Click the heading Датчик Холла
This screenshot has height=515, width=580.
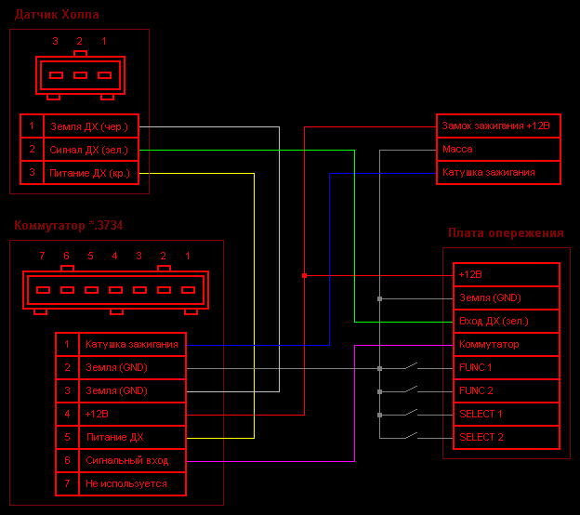point(57,15)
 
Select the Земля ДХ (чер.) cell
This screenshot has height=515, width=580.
point(91,126)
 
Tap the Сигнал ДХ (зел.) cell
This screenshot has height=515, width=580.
point(91,150)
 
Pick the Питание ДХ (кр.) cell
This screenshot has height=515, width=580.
point(91,173)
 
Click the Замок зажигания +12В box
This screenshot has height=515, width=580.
point(498,125)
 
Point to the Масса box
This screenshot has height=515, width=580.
point(498,149)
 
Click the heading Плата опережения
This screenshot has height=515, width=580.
point(506,232)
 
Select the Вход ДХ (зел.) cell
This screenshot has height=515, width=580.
point(507,321)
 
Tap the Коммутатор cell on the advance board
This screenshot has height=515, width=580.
point(507,344)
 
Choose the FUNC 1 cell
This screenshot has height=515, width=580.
point(507,367)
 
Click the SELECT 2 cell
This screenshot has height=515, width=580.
point(507,437)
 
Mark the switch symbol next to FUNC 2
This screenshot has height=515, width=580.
point(412,390)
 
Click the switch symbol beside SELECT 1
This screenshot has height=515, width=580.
point(412,413)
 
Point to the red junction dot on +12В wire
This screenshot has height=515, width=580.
point(305,276)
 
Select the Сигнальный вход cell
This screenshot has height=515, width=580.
point(132,460)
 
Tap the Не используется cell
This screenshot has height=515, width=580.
point(132,484)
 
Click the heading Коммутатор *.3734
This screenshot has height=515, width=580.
point(69,225)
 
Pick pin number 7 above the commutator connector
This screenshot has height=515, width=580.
point(42,256)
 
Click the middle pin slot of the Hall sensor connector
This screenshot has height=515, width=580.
point(80,75)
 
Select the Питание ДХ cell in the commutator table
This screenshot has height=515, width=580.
point(132,437)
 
